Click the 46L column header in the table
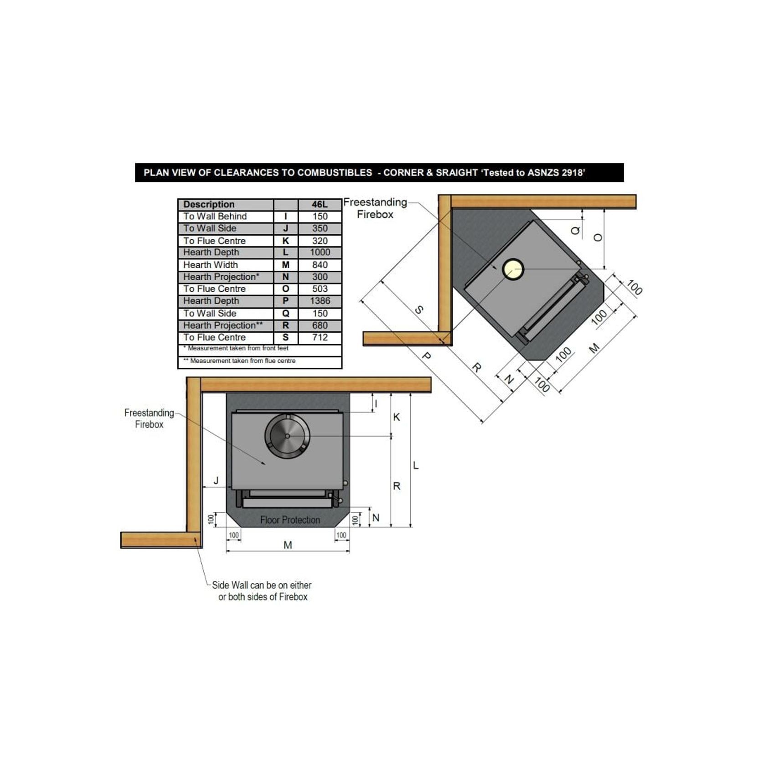click(320, 204)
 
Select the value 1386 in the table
click(320, 301)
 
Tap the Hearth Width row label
click(211, 265)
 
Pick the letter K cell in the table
click(286, 241)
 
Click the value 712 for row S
click(320, 337)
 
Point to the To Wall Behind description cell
click(215, 217)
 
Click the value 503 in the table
click(320, 289)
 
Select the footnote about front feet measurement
click(236, 348)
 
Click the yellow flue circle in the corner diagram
click(513, 269)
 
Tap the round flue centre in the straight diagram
click(287, 436)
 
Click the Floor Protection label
click(290, 520)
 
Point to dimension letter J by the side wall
click(216, 480)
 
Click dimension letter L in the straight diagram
click(416, 465)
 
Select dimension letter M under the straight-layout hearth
click(288, 545)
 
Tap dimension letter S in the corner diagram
click(418, 310)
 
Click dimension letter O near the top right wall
click(598, 237)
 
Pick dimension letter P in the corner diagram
click(426, 356)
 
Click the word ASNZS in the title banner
click(543, 173)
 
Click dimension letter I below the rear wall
click(376, 403)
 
